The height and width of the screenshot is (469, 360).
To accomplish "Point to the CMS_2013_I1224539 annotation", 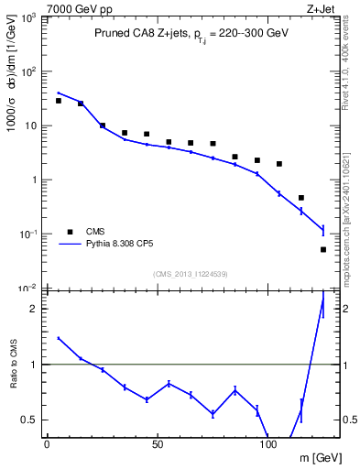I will click(191, 274).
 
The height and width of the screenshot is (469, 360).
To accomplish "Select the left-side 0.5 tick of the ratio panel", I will click(32, 420).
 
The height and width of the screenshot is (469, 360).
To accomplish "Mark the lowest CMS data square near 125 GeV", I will click(323, 249).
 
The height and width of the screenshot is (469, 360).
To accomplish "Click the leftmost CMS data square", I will click(58, 101).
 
